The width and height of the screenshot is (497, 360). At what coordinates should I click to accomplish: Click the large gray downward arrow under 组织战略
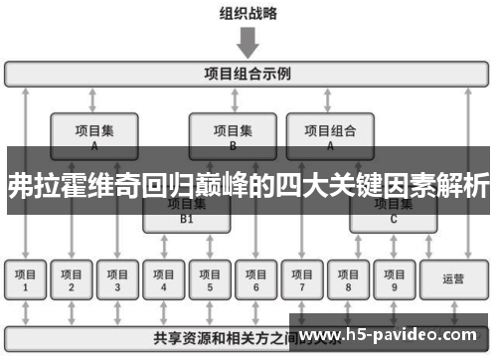[x=248, y=43]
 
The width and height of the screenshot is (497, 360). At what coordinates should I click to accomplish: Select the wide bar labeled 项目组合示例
[x=248, y=74]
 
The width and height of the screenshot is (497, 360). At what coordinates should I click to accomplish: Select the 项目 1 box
[x=26, y=280]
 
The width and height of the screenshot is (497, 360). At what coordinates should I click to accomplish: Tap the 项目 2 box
[x=71, y=280]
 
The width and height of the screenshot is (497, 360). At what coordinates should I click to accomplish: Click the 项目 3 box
[x=117, y=280]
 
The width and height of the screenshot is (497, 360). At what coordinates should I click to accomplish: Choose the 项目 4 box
[x=164, y=280]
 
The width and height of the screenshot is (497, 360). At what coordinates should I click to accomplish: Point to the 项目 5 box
[x=210, y=280]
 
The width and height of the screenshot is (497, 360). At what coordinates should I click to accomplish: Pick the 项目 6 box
[x=255, y=280]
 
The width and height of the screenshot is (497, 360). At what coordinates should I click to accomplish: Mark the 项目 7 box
[x=302, y=280]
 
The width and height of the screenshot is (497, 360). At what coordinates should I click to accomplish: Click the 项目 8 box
[x=348, y=280]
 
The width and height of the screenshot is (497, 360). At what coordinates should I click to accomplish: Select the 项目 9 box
[x=394, y=280]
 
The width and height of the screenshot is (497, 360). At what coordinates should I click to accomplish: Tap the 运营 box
[x=453, y=280]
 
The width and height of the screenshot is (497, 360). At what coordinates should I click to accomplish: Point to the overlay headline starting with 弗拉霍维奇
[x=248, y=184]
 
